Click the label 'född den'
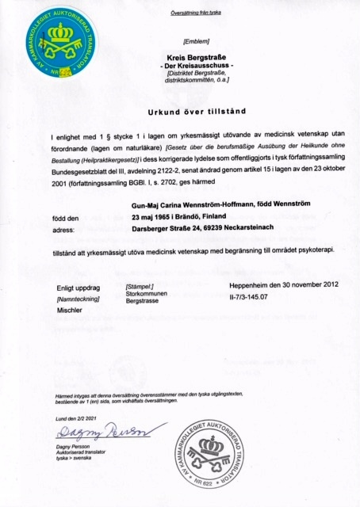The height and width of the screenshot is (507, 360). click(65, 217)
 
